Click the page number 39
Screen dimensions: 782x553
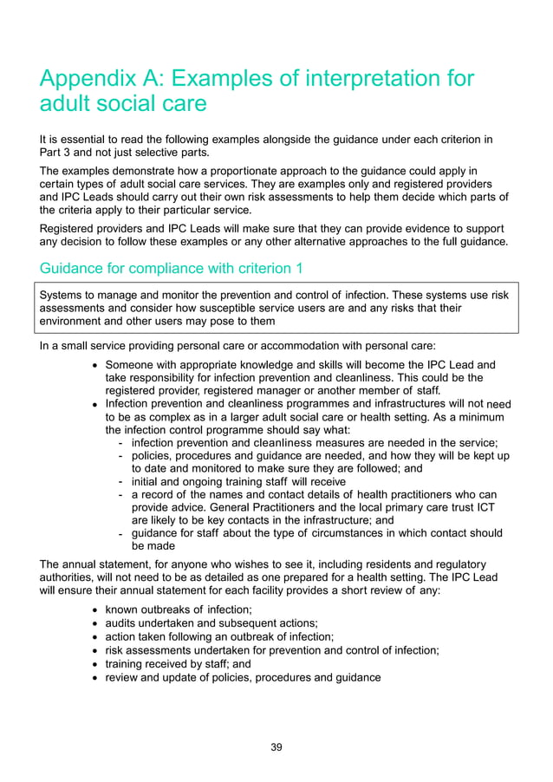[276, 747]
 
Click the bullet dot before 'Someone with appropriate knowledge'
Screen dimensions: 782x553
[94, 365]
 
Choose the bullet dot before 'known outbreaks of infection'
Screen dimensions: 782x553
[94, 610]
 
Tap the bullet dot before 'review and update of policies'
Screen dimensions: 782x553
[94, 676]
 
